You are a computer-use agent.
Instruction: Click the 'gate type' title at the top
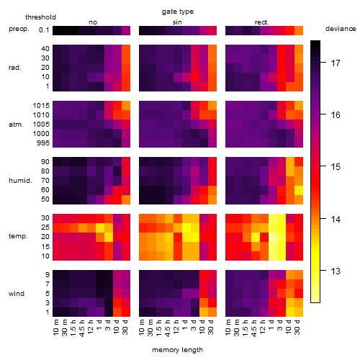[178, 12]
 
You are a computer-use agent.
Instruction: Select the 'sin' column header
[177, 22]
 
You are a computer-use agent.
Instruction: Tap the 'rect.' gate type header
[262, 22]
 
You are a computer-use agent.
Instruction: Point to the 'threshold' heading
[40, 17]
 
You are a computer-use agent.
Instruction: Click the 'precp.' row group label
[19, 29]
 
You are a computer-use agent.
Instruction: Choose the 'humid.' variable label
[20, 180]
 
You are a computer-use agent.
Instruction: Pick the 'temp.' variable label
[18, 236]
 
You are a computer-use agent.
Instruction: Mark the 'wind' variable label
[17, 294]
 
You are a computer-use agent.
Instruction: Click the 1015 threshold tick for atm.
[41, 105]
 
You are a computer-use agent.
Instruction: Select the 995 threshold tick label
[43, 143]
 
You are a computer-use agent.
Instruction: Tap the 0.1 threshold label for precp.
[44, 30]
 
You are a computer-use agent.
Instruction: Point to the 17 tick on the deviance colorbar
[336, 63]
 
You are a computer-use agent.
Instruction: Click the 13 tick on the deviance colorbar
[336, 271]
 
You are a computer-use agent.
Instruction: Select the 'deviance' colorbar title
[341, 29]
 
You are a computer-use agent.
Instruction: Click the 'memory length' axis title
[178, 350]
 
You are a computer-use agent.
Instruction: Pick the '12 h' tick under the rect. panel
[264, 327]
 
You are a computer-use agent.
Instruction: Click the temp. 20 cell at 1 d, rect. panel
[273, 238]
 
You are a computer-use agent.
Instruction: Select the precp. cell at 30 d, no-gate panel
[126, 30]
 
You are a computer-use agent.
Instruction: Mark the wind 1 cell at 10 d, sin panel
[204, 312]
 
